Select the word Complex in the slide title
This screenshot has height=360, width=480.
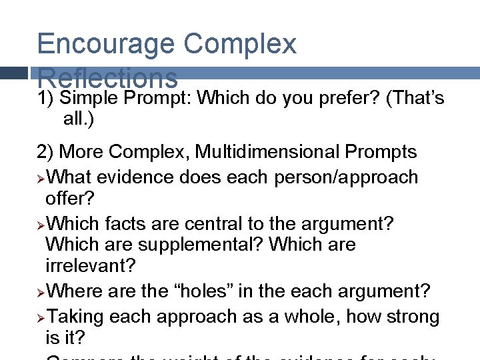[239, 44]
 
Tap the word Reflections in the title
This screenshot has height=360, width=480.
[107, 78]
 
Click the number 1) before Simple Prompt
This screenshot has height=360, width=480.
[46, 99]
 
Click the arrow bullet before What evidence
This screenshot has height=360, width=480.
[42, 178]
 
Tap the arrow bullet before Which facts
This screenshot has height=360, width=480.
[42, 225]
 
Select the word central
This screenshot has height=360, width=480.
[229, 224]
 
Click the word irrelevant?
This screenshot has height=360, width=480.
[90, 266]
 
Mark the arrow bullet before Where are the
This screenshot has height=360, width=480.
[42, 292]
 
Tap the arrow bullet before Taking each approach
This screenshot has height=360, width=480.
[42, 317]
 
